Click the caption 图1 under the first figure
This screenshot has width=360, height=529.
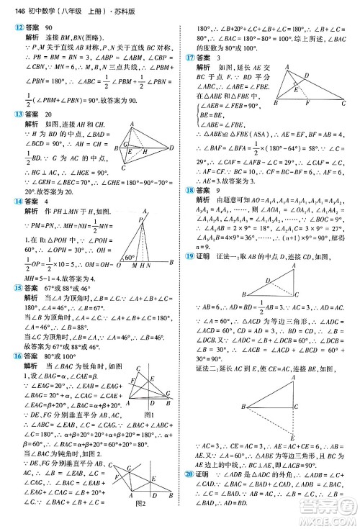coord(149,413)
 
